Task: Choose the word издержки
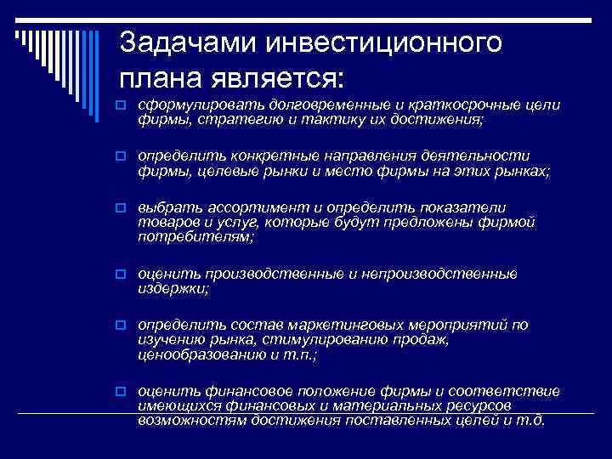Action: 173,289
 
